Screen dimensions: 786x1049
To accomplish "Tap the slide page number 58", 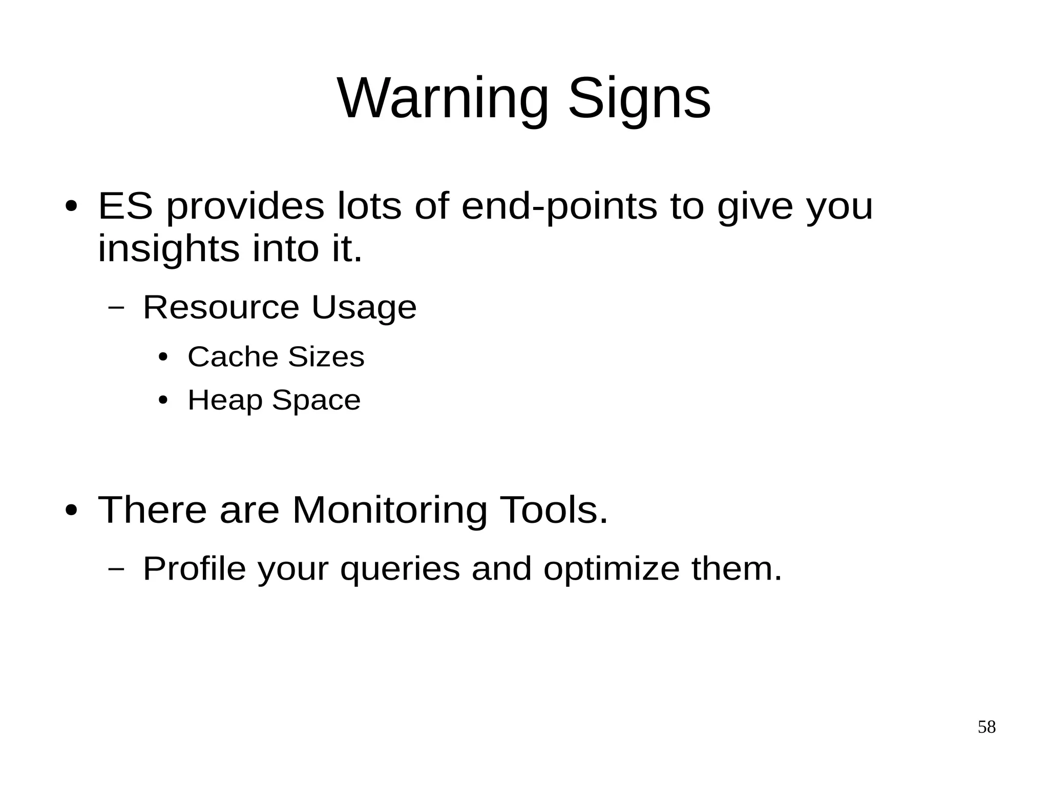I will (x=987, y=727).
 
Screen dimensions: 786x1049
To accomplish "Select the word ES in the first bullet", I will (x=125, y=206).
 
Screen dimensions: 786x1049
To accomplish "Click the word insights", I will (x=169, y=249).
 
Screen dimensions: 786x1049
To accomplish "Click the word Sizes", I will (x=326, y=356).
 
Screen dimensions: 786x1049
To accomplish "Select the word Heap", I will (x=225, y=400).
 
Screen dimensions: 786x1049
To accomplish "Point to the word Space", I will (x=316, y=400).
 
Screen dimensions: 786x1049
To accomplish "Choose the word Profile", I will (x=194, y=568).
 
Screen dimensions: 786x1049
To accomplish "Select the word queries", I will (x=400, y=569).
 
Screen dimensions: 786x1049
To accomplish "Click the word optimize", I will (x=611, y=569).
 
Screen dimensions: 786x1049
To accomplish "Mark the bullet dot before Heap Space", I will (x=163, y=400).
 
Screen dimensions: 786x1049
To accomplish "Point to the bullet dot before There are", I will (x=71, y=511).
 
